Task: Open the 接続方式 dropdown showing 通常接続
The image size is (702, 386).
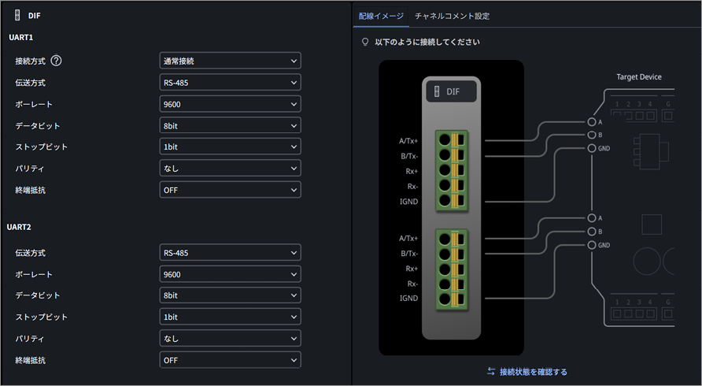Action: click(x=230, y=61)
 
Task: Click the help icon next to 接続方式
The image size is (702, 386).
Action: click(x=56, y=61)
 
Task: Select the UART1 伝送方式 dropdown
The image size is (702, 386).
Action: click(x=230, y=83)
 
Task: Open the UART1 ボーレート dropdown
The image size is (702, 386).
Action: click(x=230, y=104)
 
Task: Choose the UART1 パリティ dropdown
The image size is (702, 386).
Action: click(x=230, y=168)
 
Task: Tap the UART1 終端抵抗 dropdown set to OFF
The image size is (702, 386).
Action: click(x=230, y=190)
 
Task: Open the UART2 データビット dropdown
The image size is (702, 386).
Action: click(x=230, y=295)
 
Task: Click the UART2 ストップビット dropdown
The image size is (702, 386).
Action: click(x=230, y=317)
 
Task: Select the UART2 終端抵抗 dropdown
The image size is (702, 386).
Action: click(x=230, y=360)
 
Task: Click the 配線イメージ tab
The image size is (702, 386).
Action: click(x=381, y=16)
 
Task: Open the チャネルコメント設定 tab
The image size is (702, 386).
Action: click(x=453, y=16)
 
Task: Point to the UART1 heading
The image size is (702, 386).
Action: click(x=21, y=37)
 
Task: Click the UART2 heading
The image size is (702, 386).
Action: click(x=19, y=227)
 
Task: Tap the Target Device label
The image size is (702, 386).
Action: click(x=639, y=76)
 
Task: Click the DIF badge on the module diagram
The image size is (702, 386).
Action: click(x=451, y=91)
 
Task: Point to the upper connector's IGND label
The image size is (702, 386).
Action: click(x=408, y=202)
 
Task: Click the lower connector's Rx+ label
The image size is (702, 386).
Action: click(x=412, y=269)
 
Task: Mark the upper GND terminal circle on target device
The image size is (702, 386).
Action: click(x=592, y=148)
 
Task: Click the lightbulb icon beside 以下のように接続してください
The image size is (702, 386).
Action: click(x=365, y=42)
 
